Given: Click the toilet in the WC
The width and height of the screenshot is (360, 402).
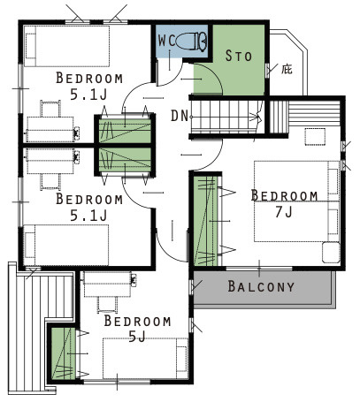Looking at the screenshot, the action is click(192, 42).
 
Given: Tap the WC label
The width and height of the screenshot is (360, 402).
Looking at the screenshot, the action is click(166, 41).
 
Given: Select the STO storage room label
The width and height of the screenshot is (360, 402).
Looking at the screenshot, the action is click(239, 56).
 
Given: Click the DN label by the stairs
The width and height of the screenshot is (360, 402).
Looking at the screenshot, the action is click(180, 116).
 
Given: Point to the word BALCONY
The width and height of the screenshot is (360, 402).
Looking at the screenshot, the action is click(261, 286).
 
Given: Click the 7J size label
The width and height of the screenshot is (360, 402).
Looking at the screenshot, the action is click(284, 211).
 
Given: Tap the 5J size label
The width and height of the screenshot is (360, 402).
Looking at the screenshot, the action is click(137, 336).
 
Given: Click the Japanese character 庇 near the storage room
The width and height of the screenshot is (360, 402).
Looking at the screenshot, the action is click(287, 69).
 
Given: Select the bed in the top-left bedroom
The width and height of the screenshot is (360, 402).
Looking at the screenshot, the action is click(66, 46).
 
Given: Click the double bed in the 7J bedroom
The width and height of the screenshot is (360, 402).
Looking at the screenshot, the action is click(296, 201).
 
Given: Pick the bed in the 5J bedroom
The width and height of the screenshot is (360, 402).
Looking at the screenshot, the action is click(145, 358).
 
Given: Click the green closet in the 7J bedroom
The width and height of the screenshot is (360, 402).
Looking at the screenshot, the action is click(206, 221).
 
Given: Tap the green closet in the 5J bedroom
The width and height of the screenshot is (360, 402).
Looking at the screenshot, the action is click(63, 353).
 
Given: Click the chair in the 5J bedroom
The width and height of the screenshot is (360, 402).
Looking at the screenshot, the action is click(106, 304).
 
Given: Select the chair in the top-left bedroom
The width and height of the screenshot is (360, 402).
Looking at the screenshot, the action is click(50, 109).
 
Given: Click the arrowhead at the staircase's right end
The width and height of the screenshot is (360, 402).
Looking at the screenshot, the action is click(259, 118).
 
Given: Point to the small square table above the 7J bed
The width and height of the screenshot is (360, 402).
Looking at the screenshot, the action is click(315, 137).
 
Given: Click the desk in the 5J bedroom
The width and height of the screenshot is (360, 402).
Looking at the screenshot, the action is click(108, 284).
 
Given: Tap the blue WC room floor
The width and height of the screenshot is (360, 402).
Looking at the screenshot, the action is click(181, 42).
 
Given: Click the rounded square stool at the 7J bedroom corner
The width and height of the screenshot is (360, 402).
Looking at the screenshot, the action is click(331, 253).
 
